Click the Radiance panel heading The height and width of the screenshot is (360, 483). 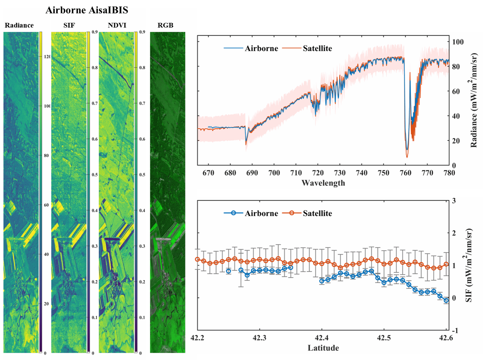(19, 25)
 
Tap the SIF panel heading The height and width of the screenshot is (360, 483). (69, 25)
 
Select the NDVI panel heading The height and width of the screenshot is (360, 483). (117, 25)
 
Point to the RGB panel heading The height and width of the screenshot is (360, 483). (165, 25)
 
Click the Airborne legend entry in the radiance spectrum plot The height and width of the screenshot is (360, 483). (261, 49)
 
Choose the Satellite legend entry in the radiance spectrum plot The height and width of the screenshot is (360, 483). (317, 49)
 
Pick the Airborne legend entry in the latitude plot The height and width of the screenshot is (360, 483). (261, 213)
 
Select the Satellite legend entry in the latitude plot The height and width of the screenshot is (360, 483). (317, 213)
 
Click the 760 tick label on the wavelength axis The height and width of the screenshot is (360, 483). (405, 173)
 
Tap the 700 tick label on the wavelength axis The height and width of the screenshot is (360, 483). (274, 173)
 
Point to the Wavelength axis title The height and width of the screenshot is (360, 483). (323, 183)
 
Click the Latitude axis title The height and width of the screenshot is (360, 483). (323, 348)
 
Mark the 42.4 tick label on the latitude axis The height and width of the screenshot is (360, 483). (322, 338)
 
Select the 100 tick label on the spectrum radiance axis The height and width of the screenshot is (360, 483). (458, 42)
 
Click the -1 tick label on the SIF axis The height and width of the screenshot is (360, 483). (455, 331)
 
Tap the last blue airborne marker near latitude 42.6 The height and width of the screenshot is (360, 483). (446, 301)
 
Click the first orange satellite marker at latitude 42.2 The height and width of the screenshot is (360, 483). (197, 259)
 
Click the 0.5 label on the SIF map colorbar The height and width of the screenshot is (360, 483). (94, 175)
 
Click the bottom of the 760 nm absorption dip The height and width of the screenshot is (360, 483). (407, 157)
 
